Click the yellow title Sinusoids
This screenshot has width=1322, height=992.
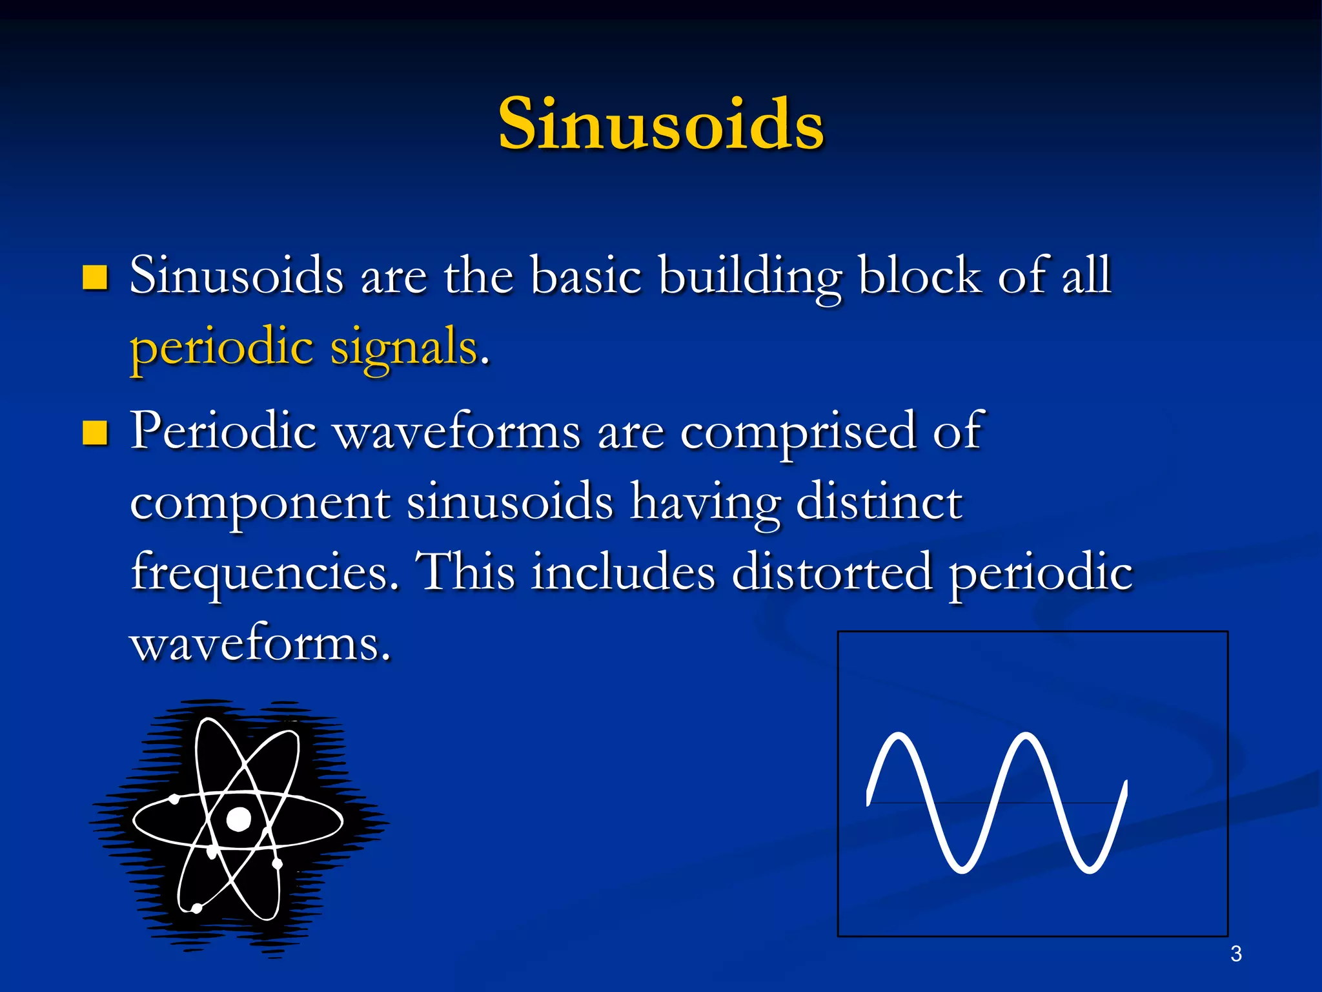pyautogui.click(x=661, y=124)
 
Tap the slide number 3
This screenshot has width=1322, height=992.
pyautogui.click(x=1236, y=954)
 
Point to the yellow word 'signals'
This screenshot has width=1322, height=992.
pyautogui.click(x=405, y=347)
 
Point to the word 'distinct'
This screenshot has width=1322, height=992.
pyautogui.click(x=879, y=502)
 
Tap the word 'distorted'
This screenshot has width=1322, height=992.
pyautogui.click(x=831, y=572)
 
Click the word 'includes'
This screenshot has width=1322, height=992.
pyautogui.click(x=623, y=572)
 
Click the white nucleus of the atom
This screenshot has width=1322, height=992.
pyautogui.click(x=239, y=819)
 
